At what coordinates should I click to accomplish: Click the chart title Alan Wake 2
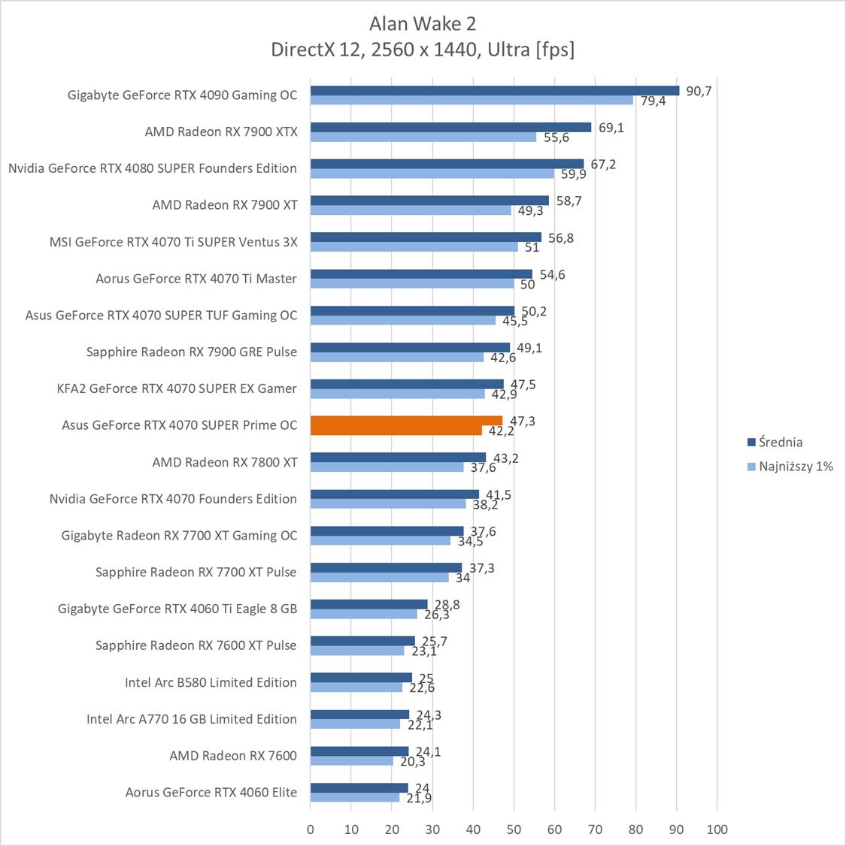pyautogui.click(x=423, y=24)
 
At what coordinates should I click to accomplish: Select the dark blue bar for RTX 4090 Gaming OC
pyautogui.click(x=494, y=90)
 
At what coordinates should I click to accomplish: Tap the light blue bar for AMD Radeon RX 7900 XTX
pyautogui.click(x=423, y=137)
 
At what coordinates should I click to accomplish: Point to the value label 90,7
pyautogui.click(x=699, y=91)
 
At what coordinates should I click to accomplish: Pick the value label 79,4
pyautogui.click(x=653, y=101)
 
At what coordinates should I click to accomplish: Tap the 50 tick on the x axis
pyautogui.click(x=514, y=829)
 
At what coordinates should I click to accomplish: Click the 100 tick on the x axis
pyautogui.click(x=717, y=829)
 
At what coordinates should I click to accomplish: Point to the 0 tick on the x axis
pyautogui.click(x=311, y=829)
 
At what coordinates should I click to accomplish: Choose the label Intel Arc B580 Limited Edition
pyautogui.click(x=211, y=682)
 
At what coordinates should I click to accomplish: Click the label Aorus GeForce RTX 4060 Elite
pyautogui.click(x=211, y=792)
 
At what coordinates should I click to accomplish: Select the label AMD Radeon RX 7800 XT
pyautogui.click(x=225, y=462)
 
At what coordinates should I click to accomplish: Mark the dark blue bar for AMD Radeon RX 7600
pyautogui.click(x=359, y=751)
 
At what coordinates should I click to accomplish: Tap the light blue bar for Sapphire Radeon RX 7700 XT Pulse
pyautogui.click(x=380, y=578)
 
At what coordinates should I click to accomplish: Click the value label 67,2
pyautogui.click(x=603, y=165)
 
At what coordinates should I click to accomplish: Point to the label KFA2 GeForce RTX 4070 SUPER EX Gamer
pyautogui.click(x=177, y=388)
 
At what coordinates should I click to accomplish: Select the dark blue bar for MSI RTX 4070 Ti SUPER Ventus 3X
pyautogui.click(x=426, y=237)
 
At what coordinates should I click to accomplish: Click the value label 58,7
pyautogui.click(x=569, y=201)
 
